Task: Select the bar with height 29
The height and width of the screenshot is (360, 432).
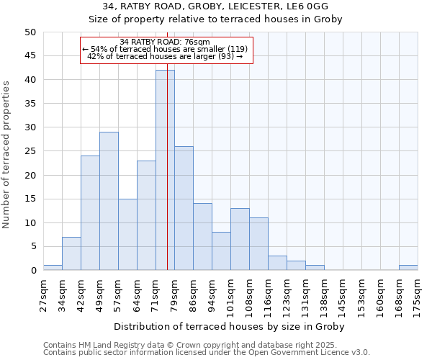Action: [x=109, y=201]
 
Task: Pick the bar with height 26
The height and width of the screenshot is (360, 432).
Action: [x=184, y=208]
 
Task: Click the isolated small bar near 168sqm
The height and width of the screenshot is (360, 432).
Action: [x=408, y=268]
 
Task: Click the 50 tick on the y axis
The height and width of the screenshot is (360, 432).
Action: [x=30, y=32]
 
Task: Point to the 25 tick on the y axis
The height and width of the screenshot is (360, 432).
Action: [x=30, y=151]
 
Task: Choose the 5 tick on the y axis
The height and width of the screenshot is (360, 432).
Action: [x=32, y=246]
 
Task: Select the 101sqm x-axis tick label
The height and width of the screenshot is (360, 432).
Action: [x=230, y=295]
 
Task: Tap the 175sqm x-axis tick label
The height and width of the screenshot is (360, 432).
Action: [x=418, y=295]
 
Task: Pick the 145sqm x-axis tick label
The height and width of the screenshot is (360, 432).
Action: [x=343, y=295]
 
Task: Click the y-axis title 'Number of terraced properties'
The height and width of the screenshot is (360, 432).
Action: [x=7, y=154]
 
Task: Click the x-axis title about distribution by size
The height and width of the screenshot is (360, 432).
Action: [x=229, y=326]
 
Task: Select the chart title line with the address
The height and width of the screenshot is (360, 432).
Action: [x=215, y=6]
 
